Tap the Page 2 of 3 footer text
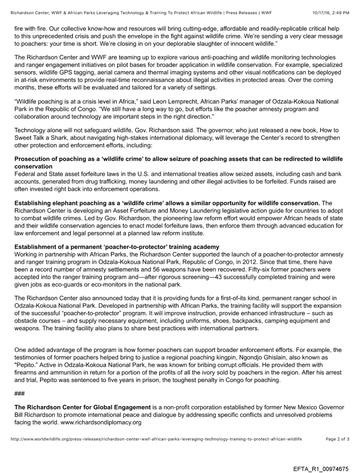tap(337, 439)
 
